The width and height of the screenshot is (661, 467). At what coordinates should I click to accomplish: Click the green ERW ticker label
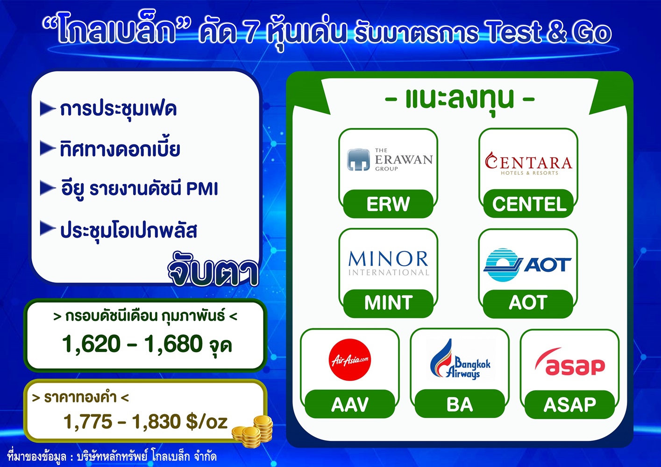388,204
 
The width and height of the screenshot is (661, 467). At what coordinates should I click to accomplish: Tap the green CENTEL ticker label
528,204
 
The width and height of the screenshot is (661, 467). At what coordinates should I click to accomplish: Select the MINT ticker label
388,303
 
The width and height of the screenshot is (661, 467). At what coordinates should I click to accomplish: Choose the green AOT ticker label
528,303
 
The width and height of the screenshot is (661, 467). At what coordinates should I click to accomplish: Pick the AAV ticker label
350,404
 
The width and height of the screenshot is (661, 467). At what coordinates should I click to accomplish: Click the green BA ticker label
460,404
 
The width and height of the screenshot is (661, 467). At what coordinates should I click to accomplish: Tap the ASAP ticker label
570,404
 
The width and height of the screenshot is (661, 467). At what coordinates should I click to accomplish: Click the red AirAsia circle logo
350,360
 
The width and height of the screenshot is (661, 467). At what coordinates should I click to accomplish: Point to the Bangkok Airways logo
460,359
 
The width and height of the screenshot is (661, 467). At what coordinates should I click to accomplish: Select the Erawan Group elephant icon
358,160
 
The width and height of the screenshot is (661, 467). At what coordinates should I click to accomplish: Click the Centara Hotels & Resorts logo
528,164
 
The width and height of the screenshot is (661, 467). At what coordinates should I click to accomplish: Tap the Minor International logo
388,263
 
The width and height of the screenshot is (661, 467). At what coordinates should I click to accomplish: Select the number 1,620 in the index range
92,344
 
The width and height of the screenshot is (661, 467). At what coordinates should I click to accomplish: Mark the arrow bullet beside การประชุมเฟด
48,108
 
